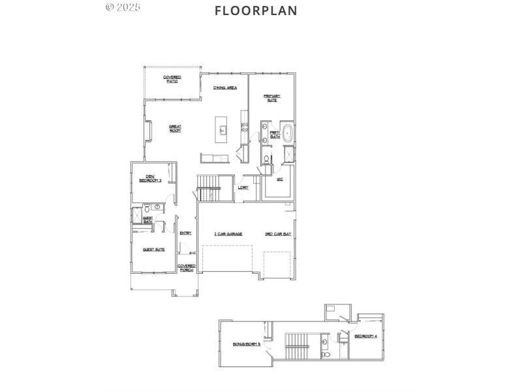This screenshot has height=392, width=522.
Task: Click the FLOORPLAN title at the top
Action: tap(256, 10)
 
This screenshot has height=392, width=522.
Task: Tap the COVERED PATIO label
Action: tap(172, 79)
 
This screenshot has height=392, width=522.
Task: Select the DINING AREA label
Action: tap(225, 88)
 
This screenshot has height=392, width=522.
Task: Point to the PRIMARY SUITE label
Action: tap(272, 98)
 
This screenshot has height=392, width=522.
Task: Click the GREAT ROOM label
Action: tap(175, 129)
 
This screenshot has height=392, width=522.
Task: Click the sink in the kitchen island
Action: tap(222, 129)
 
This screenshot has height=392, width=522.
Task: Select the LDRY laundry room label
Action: tap(243, 188)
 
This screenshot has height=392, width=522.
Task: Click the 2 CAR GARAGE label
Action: tap(228, 233)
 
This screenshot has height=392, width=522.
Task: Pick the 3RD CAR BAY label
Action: tap(278, 233)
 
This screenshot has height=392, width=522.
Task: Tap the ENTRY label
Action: tap(186, 233)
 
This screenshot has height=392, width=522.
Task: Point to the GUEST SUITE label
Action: tap(154, 249)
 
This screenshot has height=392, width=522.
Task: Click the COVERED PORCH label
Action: tap(187, 267)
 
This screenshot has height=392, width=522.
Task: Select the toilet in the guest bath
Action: tap(157, 206)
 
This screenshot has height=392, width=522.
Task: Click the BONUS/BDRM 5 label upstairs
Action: tap(247, 344)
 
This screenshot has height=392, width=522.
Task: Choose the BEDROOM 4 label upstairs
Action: tap(365, 336)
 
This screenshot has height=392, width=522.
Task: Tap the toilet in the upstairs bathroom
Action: tap(326, 353)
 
